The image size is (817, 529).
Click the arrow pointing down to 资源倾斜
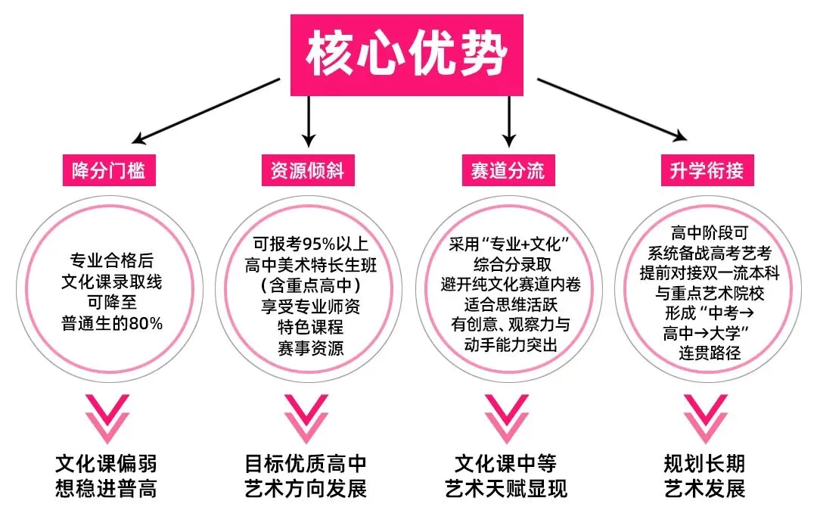pyautogui.click(x=308, y=121)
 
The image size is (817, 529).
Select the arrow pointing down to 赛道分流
pyautogui.click(x=509, y=121)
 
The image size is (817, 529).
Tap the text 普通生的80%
pyautogui.click(x=112, y=325)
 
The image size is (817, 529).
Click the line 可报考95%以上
pyautogui.click(x=311, y=244)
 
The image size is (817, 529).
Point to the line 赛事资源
pyautogui.click(x=311, y=349)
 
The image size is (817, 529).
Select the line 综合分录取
pyautogui.click(x=511, y=265)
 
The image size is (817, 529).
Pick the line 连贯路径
pyautogui.click(x=710, y=352)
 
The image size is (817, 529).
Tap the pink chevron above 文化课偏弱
pyautogui.click(x=107, y=419)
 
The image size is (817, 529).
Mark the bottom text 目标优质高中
pyautogui.click(x=306, y=463)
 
